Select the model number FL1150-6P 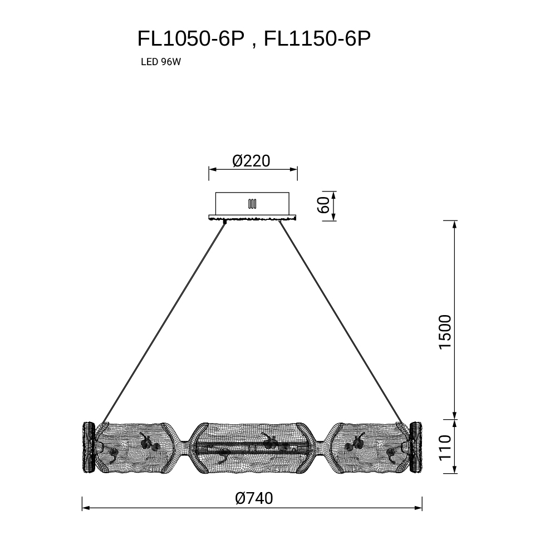coord(317,38)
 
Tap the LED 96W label coord(161,62)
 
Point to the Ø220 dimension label coord(252,161)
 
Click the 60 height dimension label coord(323,205)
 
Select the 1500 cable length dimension coord(445,332)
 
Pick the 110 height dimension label coord(445,447)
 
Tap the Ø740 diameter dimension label coord(254,498)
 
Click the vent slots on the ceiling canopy coord(252,204)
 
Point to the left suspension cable coord(164,322)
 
